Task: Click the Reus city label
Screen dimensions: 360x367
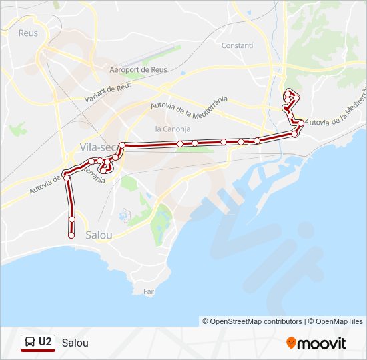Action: [x=28, y=33]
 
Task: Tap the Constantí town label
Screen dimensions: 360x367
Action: [x=237, y=46]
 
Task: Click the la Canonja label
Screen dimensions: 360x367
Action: [x=172, y=129]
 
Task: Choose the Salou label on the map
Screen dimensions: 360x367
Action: [x=99, y=235]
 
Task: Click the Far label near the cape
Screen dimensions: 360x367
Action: [x=149, y=291]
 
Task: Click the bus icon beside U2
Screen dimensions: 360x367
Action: [x=30, y=343]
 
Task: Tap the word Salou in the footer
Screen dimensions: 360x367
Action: [x=75, y=343]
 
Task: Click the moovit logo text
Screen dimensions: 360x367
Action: [x=322, y=343]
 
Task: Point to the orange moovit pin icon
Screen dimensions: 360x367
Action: [x=292, y=343]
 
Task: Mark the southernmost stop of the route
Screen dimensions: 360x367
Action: [x=71, y=235]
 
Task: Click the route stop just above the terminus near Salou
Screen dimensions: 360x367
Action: [x=71, y=219]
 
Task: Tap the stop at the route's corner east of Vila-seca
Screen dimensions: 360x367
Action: [x=122, y=145]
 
